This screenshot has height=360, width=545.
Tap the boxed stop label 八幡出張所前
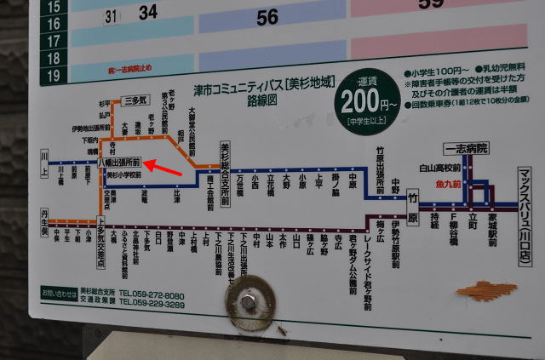[x=120, y=162]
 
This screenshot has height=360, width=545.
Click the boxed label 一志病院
[x=466, y=148]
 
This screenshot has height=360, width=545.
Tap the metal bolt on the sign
[x=249, y=300]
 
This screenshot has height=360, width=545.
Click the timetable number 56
[x=267, y=16]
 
